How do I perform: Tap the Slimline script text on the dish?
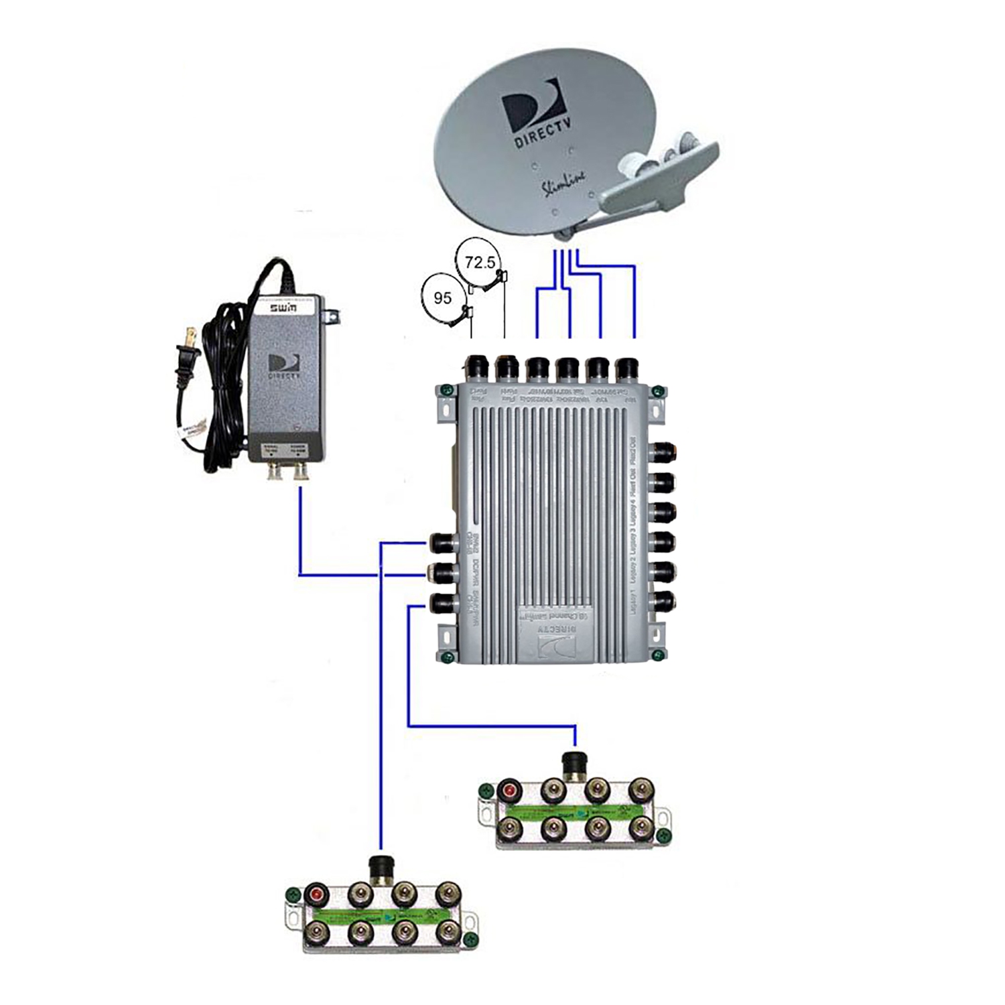pyautogui.click(x=563, y=183)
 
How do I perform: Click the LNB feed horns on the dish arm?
pyautogui.click(x=660, y=161)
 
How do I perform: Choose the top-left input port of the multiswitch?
pyautogui.click(x=478, y=369)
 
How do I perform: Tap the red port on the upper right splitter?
pyautogui.click(x=511, y=791)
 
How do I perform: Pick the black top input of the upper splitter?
pyautogui.click(x=574, y=763)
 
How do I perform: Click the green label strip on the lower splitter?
pyautogui.click(x=382, y=914)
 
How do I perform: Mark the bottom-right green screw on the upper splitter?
pyautogui.click(x=663, y=836)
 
